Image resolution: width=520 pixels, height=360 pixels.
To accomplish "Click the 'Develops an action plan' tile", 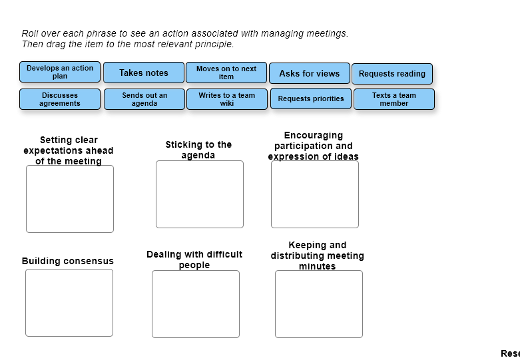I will (60, 72).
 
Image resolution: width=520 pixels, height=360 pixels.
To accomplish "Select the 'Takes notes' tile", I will (144, 73).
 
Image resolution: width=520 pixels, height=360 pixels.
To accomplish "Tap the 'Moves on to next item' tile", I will (226, 73).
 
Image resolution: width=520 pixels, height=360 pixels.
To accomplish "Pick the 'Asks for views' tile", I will (309, 73).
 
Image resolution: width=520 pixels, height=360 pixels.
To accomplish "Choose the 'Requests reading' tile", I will (392, 74).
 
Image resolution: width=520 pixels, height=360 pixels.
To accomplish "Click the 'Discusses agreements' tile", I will (60, 99).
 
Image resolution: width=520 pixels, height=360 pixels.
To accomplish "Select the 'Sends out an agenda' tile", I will (144, 99).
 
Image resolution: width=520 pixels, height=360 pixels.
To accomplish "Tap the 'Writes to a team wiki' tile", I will (227, 99).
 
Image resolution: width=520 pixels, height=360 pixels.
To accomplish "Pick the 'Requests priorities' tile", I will (311, 98).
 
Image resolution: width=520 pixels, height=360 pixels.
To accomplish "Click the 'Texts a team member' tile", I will (394, 99).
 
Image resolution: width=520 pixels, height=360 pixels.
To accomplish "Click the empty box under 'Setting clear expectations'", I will (70, 199).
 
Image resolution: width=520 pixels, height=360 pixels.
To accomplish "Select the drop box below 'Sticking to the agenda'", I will (200, 194).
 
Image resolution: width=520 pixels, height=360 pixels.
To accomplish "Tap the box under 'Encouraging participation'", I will (315, 194).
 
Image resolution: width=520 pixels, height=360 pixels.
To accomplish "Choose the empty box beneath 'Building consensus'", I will (69, 303).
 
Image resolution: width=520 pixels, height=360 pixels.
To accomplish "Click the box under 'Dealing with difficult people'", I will (196, 304).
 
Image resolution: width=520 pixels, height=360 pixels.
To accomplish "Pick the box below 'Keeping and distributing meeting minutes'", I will (319, 304).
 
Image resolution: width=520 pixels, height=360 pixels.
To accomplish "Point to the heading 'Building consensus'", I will (68, 261).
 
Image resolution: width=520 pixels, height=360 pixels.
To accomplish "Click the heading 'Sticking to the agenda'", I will (198, 150).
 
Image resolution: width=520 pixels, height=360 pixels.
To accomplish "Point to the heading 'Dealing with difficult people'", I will (194, 260).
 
